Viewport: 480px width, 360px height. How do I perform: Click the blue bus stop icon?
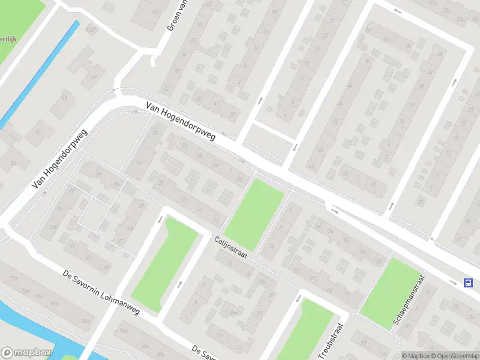point(467,283)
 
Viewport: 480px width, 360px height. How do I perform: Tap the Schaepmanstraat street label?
point(409,301)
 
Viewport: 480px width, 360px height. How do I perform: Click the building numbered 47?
point(93,77)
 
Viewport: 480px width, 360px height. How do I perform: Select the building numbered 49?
point(64,98)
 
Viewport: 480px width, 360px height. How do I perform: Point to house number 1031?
point(91,29)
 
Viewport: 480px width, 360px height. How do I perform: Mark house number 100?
point(54,227)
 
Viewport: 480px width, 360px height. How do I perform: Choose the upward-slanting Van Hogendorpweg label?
point(59,159)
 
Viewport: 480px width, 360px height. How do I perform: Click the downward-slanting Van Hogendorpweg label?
point(180,122)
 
